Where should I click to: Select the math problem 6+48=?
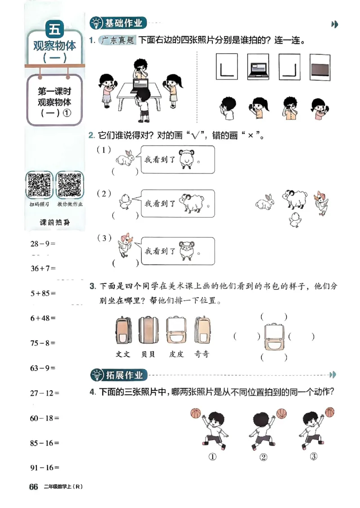(x=43, y=318)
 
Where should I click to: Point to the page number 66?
(x=33, y=487)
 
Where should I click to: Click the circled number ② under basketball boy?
(x=263, y=458)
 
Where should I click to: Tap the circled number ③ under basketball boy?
(x=314, y=457)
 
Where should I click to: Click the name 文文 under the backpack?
(x=123, y=354)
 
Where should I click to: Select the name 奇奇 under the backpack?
(x=202, y=354)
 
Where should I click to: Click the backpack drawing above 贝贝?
(x=148, y=331)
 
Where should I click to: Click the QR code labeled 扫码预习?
(x=40, y=185)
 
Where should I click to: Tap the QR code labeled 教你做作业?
(x=69, y=185)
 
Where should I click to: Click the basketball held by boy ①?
(x=195, y=413)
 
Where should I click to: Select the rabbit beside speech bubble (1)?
(x=125, y=158)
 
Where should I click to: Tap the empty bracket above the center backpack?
(x=274, y=317)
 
